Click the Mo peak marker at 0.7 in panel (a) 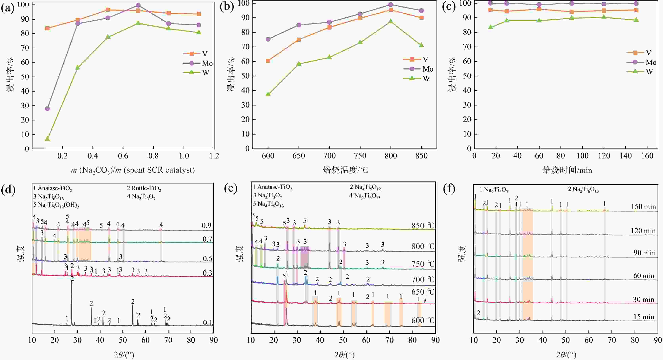click(138, 5)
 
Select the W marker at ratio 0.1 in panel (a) click(47, 139)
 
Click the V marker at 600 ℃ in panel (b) click(268, 61)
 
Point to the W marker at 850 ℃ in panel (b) click(421, 45)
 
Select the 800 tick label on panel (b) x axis click(391, 156)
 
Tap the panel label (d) click(8, 190)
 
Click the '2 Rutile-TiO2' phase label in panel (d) click(144, 189)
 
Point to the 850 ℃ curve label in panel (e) click(423, 226)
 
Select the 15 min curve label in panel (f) click(644, 317)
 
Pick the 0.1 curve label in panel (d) click(207, 322)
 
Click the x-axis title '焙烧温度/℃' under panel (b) click(345, 170)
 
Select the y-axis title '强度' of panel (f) click(462, 253)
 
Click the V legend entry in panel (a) click(195, 54)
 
